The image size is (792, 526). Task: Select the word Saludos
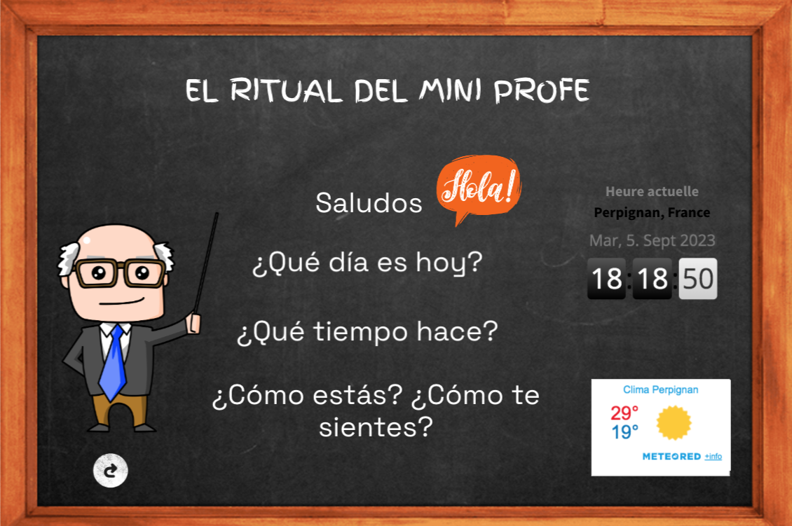click(369, 203)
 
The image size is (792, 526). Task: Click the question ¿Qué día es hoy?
click(368, 265)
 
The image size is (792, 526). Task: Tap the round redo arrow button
click(111, 470)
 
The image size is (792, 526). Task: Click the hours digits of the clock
click(606, 279)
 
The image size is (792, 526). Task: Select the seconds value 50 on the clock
click(697, 279)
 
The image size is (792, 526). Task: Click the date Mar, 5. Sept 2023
click(652, 241)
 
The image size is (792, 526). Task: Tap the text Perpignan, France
click(652, 213)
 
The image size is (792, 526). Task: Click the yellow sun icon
click(674, 423)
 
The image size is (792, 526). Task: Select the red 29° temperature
click(625, 413)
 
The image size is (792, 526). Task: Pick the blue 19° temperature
click(625, 432)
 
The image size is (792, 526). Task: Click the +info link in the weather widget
click(713, 457)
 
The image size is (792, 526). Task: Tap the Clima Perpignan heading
click(660, 389)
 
